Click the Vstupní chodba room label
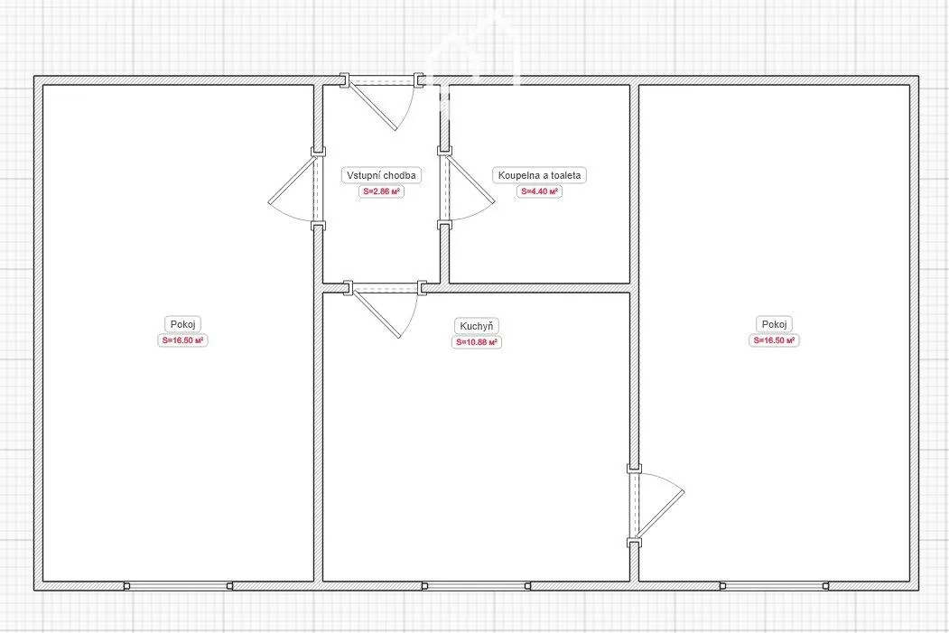pyautogui.click(x=381, y=175)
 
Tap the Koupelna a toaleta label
pyautogui.click(x=539, y=175)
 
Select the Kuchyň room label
pyautogui.click(x=477, y=326)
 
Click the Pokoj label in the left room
pyautogui.click(x=182, y=324)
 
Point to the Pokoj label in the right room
pyautogui.click(x=774, y=324)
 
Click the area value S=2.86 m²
pyautogui.click(x=381, y=191)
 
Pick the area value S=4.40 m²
pyautogui.click(x=539, y=191)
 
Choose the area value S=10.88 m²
pyautogui.click(x=477, y=342)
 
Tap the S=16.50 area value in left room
pyautogui.click(x=182, y=340)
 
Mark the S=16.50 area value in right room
pyautogui.click(x=774, y=340)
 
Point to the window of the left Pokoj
pyautogui.click(x=178, y=586)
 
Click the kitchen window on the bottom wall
pyautogui.click(x=476, y=586)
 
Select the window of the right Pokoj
pyautogui.click(x=774, y=586)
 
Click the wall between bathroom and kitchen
pyautogui.click(x=539, y=288)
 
